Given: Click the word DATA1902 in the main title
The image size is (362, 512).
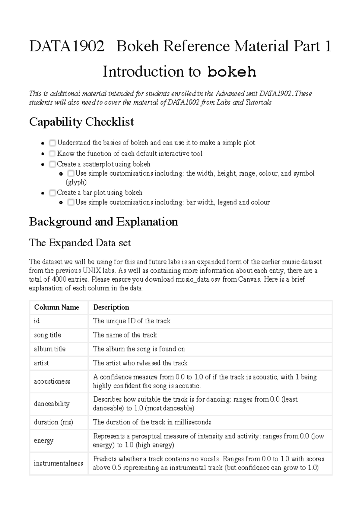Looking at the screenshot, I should [67, 46].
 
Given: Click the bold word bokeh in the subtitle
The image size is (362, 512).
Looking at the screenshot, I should [232, 72].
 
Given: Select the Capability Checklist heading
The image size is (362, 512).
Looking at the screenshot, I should [81, 122].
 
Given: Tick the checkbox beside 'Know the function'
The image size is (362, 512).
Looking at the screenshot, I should [52, 153].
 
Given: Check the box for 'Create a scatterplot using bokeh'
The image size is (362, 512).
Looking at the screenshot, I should [52, 164].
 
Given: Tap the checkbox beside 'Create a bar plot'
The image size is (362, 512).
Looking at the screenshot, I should [52, 193].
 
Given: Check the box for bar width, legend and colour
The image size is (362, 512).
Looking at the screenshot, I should [71, 202].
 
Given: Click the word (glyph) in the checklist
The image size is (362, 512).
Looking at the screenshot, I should [76, 182].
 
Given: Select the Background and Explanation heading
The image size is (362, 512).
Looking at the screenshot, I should [103, 222].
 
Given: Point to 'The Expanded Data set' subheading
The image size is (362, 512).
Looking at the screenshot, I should [80, 243].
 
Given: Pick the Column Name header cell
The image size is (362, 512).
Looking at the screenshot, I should [57, 307].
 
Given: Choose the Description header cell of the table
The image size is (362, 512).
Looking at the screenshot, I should [111, 307].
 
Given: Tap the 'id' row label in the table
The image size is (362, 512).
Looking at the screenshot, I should [37, 321].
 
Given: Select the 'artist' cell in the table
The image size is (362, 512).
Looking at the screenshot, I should [41, 363].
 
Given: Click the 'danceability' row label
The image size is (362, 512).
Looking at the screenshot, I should [52, 404].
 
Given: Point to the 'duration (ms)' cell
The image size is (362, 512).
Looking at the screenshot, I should [53, 422].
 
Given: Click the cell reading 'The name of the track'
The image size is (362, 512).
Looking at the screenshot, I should [125, 335].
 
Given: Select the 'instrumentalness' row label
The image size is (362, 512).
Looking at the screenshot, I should [58, 463].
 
